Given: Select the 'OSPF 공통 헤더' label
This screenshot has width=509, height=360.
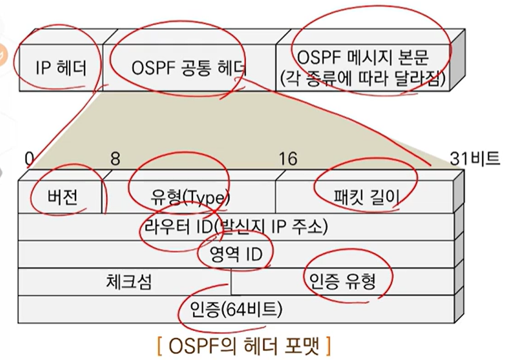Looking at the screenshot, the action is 189,68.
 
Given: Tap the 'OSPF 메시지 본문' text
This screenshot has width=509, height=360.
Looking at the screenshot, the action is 364,58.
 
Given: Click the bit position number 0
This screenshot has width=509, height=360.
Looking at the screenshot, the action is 29,159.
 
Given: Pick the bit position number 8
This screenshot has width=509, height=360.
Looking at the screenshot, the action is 115,159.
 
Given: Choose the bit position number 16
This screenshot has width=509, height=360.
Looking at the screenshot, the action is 287,159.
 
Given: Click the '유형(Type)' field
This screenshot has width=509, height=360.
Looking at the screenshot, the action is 189,198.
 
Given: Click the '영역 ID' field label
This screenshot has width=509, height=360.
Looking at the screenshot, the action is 234,254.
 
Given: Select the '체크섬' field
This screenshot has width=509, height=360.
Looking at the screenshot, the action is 128,282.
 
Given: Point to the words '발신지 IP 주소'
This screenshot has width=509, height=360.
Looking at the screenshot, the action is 284,227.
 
